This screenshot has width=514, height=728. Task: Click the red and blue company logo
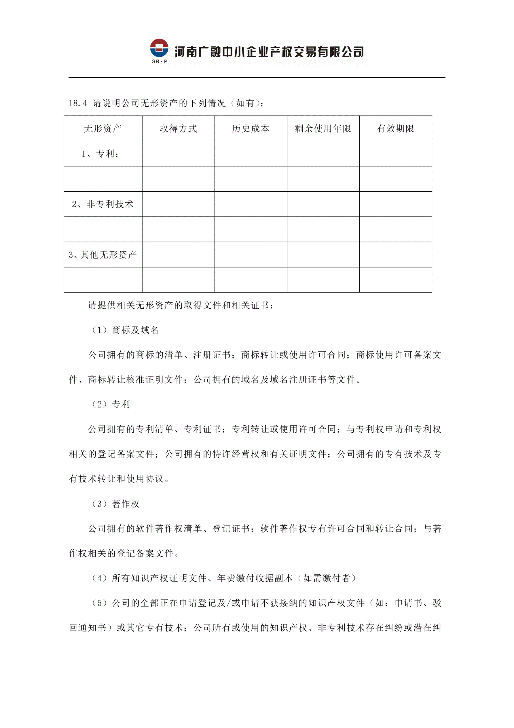click(x=159, y=48)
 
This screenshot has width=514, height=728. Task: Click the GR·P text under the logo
click(x=159, y=61)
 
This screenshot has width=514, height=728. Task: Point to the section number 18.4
click(x=78, y=103)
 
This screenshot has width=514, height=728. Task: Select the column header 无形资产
click(x=103, y=129)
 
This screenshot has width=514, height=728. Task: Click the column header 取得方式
click(x=178, y=129)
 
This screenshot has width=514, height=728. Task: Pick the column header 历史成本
click(x=251, y=129)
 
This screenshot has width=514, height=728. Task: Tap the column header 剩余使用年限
click(x=323, y=129)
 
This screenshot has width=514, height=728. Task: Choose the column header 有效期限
click(x=395, y=129)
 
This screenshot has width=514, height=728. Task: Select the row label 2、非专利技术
click(x=103, y=204)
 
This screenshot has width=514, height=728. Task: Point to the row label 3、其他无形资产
click(x=103, y=254)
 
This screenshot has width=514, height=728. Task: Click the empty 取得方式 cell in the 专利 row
click(x=178, y=154)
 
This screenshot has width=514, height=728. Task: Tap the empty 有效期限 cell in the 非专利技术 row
click(x=395, y=204)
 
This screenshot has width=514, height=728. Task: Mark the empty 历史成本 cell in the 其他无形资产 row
click(x=251, y=254)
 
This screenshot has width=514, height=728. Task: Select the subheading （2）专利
click(x=110, y=404)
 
